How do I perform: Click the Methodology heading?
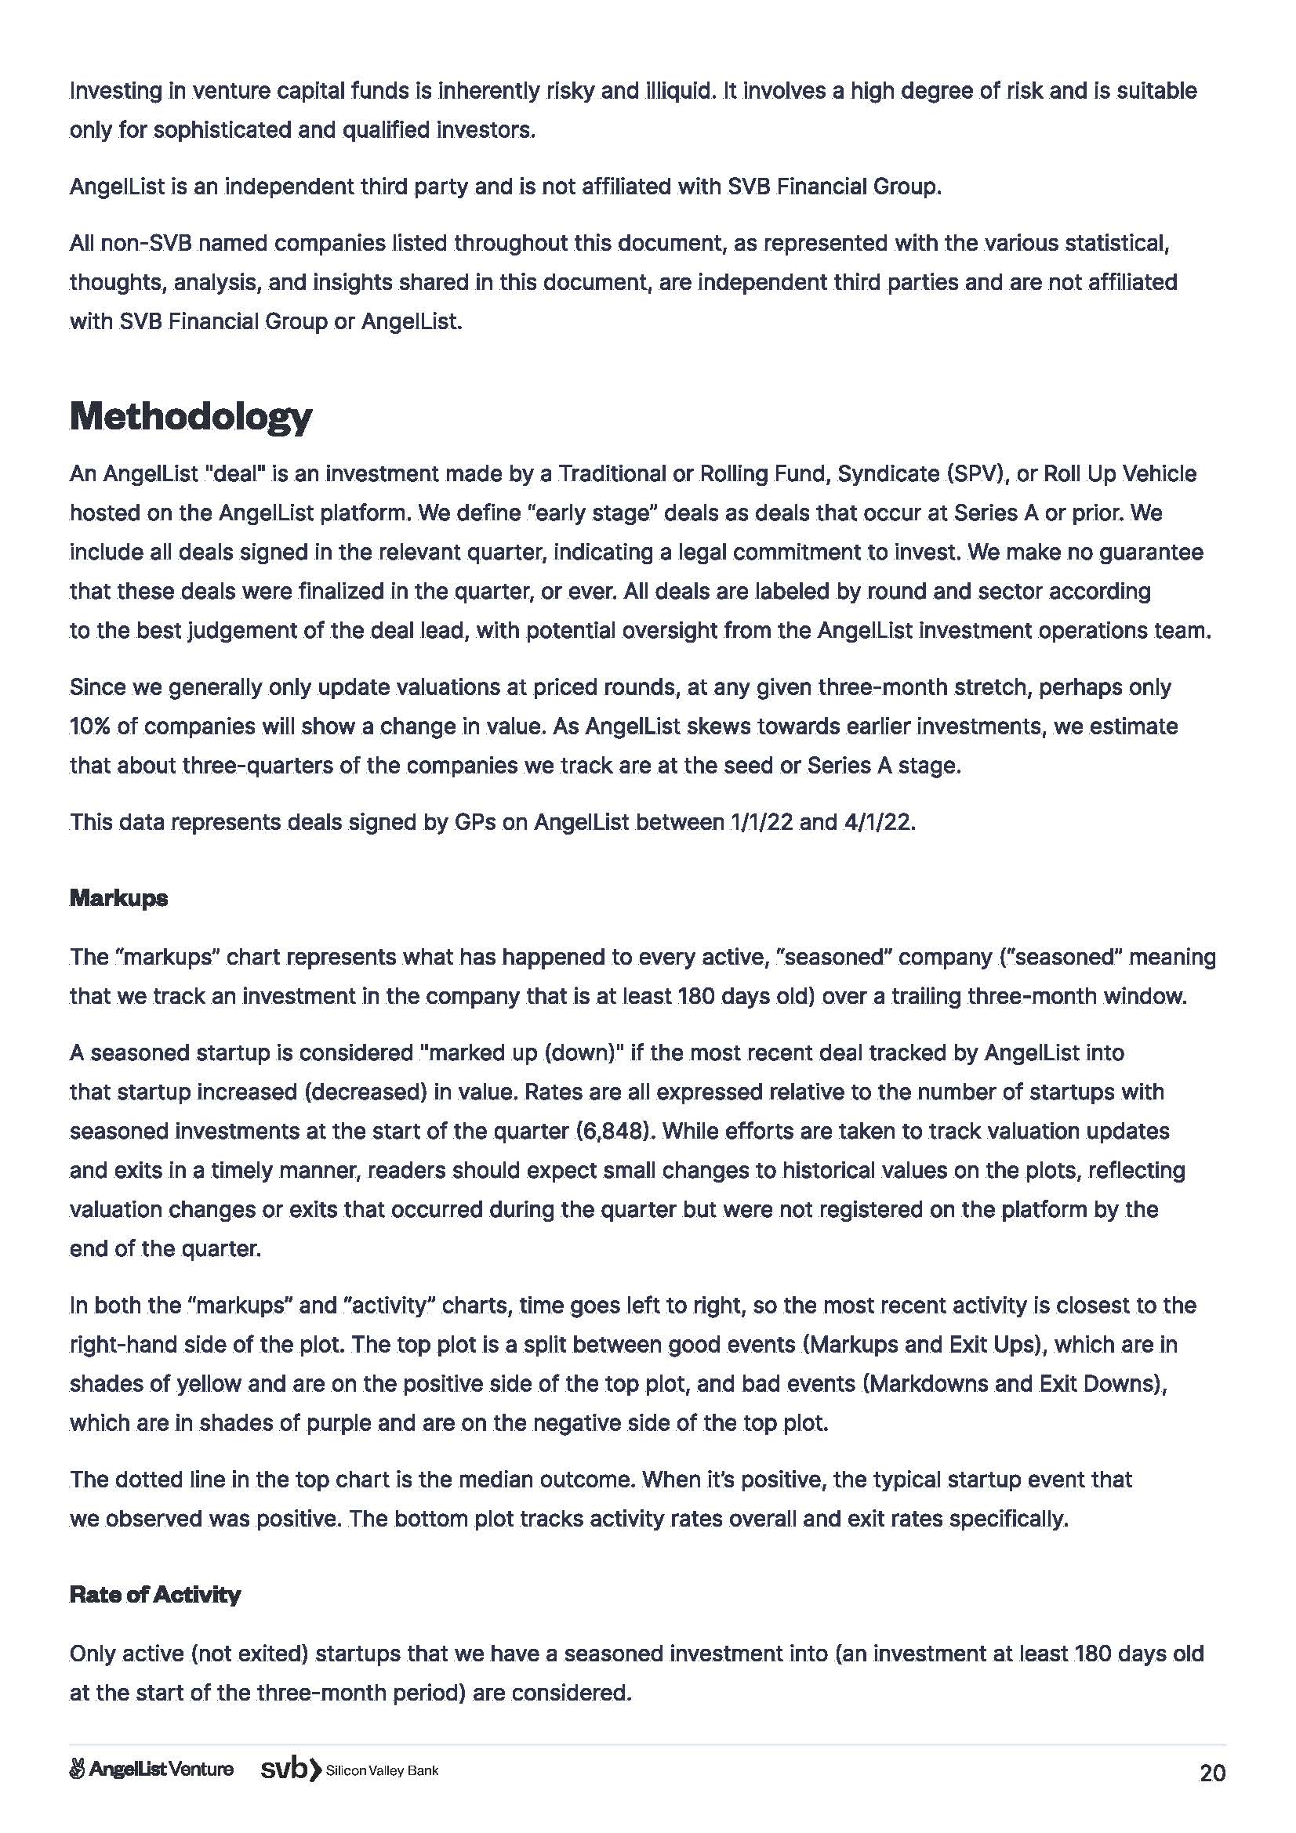[190, 416]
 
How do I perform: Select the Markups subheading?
[118, 898]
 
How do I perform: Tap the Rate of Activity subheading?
[155, 1595]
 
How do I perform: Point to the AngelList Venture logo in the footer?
[152, 1770]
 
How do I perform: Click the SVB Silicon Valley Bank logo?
[350, 1770]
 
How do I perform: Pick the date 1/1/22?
[761, 822]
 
